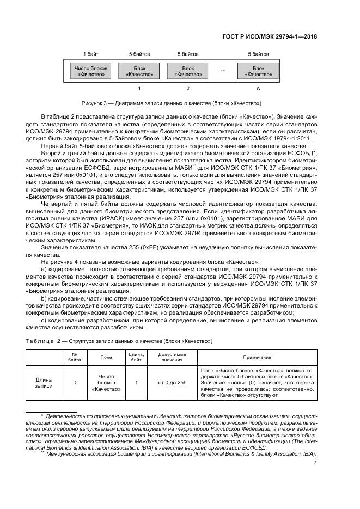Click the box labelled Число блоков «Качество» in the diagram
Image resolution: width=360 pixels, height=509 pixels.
pyautogui.click(x=90, y=71)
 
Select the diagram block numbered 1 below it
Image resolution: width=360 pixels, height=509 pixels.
pyautogui.click(x=139, y=71)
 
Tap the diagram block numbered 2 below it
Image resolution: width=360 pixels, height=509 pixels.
pyautogui.click(x=187, y=71)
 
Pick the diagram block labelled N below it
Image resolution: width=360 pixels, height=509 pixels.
pyautogui.click(x=259, y=71)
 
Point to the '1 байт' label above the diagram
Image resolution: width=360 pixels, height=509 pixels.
pyautogui.click(x=90, y=54)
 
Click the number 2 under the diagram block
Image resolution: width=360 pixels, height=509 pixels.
pyautogui.click(x=188, y=88)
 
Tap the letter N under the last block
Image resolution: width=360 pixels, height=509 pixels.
pyautogui.click(x=259, y=88)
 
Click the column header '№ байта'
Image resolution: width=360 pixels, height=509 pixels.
pyautogui.click(x=74, y=357)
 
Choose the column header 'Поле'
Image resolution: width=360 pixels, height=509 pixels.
pyautogui.click(x=106, y=357)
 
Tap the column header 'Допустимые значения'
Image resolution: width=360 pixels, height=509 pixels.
pyautogui.click(x=172, y=357)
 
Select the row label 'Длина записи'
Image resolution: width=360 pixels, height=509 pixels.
pyautogui.click(x=44, y=383)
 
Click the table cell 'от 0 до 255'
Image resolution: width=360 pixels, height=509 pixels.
pyautogui.click(x=172, y=383)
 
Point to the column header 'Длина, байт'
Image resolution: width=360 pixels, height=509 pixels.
pyautogui.click(x=136, y=357)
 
